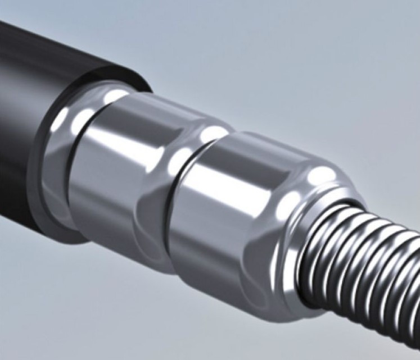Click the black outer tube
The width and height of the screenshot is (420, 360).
[34, 101]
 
